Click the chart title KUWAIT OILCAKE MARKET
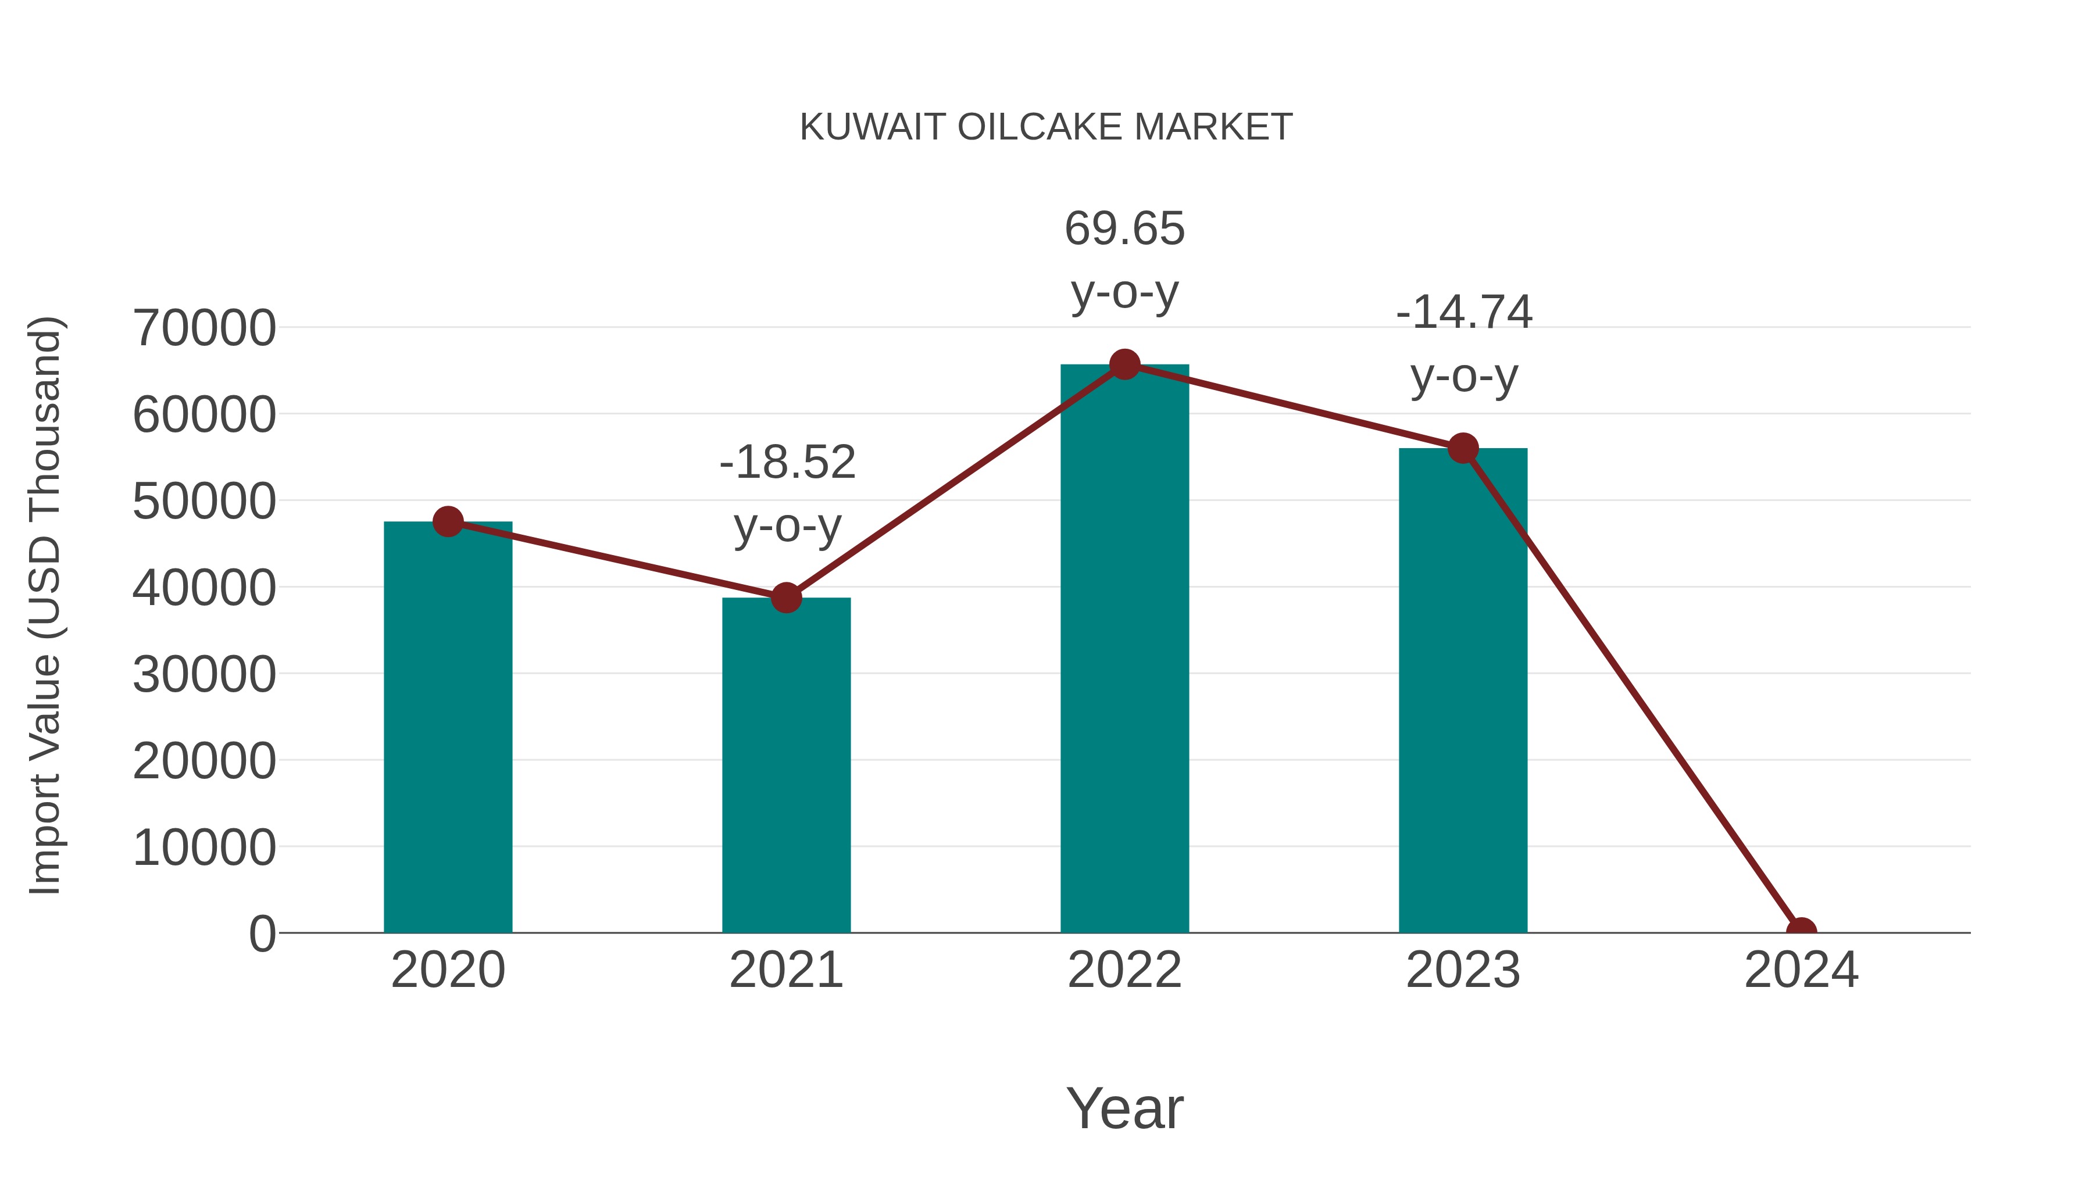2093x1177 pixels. click(1046, 127)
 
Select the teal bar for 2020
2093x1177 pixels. click(448, 731)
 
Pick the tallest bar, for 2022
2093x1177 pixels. click(1124, 650)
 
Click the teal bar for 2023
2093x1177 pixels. click(1463, 691)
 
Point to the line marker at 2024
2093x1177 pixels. click(1801, 931)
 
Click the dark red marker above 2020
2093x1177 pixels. click(448, 521)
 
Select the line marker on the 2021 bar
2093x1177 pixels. click(785, 598)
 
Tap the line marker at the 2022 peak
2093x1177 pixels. click(1124, 364)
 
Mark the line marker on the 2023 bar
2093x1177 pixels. click(1463, 448)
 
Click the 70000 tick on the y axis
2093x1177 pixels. click(204, 328)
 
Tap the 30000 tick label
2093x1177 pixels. click(204, 674)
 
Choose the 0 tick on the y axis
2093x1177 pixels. click(262, 933)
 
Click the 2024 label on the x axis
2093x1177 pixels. click(1801, 970)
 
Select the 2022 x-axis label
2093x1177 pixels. click(1124, 970)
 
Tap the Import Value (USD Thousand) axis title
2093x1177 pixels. click(45, 605)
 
